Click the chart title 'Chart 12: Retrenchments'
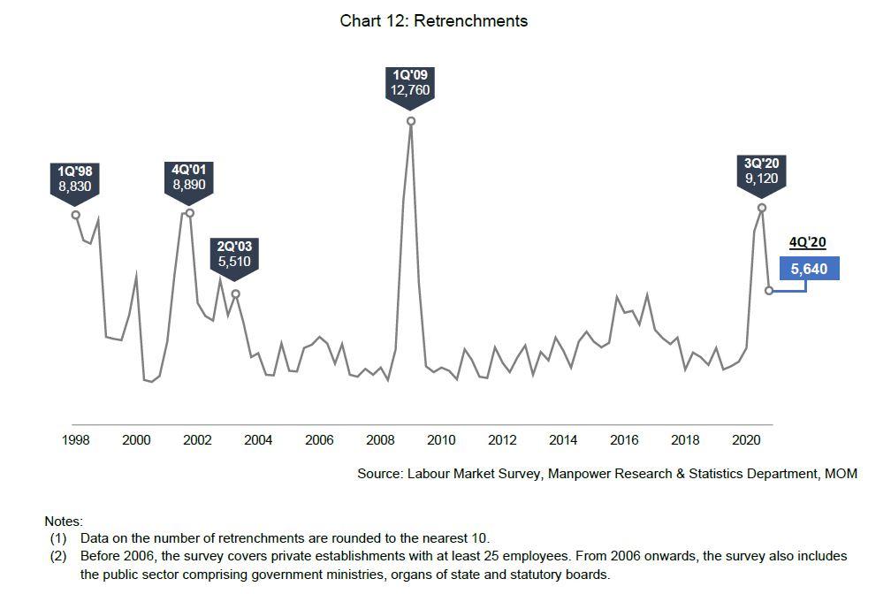click(x=433, y=21)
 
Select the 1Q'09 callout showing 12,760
click(x=410, y=83)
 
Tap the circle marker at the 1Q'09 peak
click(x=411, y=121)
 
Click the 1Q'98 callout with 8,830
click(x=75, y=178)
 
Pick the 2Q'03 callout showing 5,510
click(x=234, y=255)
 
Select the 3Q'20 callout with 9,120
click(x=761, y=171)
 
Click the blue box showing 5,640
click(x=809, y=269)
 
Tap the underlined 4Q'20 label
click(x=808, y=243)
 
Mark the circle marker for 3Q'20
click(x=762, y=208)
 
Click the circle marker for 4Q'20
click(x=769, y=290)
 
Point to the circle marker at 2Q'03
click(x=235, y=293)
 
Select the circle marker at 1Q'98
click(x=75, y=215)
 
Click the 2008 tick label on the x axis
click(x=380, y=440)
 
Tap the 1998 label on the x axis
click(x=75, y=440)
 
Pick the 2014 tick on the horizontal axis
click(x=563, y=440)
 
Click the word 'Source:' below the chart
click(x=380, y=474)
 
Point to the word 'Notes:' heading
click(x=64, y=522)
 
